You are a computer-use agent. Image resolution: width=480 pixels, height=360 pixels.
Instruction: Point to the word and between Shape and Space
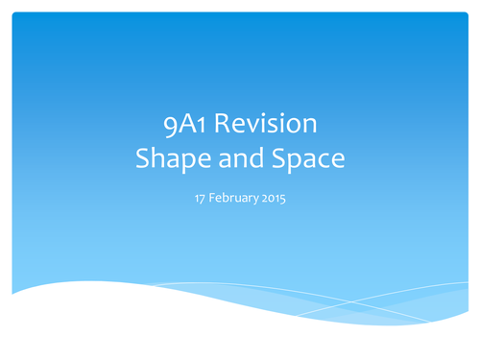point(239,158)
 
